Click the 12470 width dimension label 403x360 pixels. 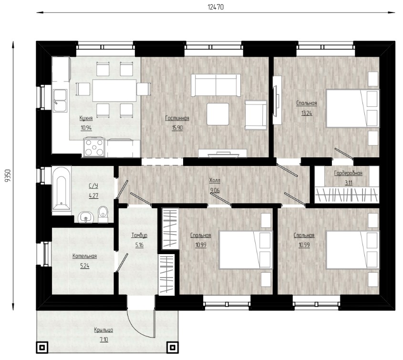coord(216,7)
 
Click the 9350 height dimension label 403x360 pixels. coord(9,176)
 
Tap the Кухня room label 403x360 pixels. coord(86,118)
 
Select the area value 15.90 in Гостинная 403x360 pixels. coord(177,128)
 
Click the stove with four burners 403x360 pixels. coord(94,147)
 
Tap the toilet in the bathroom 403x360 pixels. coord(103,214)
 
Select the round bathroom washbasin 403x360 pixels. coord(85,217)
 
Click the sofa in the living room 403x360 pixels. coord(216,85)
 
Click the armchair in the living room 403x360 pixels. coord(256,114)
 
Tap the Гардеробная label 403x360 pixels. coord(348,173)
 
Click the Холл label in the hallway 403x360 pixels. coord(215,180)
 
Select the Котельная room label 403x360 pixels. coord(84,256)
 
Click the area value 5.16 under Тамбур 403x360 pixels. coord(139,245)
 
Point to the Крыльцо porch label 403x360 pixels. coord(103,330)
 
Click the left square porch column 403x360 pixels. coord(42,348)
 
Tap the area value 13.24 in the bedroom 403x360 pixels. coord(307,113)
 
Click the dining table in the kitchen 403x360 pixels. coord(114,91)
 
